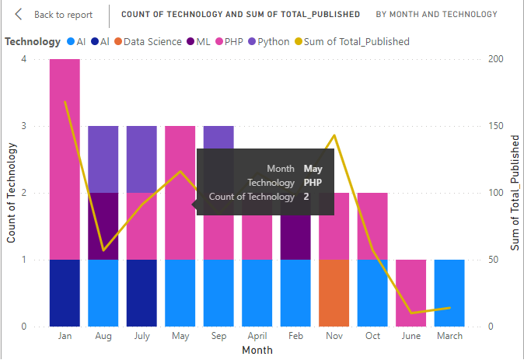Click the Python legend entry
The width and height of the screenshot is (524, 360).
pos(267,41)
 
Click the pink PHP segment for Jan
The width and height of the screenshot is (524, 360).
pos(65,159)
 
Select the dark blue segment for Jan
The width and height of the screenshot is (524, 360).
pos(65,292)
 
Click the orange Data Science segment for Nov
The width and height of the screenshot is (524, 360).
pos(334,292)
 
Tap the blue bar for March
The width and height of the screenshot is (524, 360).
pos(449,292)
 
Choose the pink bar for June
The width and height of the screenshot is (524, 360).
pos(411,292)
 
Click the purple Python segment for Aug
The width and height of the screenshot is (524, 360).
pos(103,159)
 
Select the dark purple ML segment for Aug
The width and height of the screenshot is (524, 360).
pos(103,225)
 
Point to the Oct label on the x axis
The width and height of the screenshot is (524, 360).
pos(372,337)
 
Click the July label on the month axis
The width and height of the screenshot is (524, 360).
pos(141,337)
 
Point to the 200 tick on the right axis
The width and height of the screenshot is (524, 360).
pos(493,59)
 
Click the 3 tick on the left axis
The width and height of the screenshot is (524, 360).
pos(25,126)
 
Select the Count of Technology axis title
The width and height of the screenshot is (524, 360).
pos(12,193)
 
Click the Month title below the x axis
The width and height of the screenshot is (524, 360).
pos(257,351)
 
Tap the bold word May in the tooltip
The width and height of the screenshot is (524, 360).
pos(313,168)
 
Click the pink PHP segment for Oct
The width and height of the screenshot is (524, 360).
pos(372,225)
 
